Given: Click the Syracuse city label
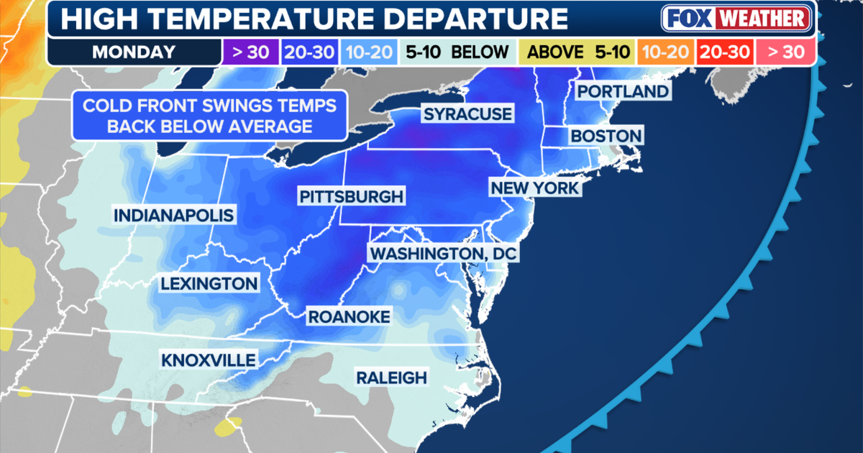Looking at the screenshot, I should (x=467, y=114).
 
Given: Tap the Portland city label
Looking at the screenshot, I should (x=623, y=91).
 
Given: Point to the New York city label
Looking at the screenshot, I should (x=534, y=188).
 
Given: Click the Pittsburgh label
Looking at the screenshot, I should (x=352, y=196).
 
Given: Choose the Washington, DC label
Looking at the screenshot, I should (x=443, y=253).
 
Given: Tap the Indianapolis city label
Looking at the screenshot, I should (x=173, y=215).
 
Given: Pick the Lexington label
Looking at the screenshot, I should (x=209, y=283).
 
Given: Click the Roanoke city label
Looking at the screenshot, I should (x=349, y=316).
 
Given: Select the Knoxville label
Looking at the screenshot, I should (x=209, y=359).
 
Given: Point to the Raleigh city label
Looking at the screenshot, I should (x=391, y=377).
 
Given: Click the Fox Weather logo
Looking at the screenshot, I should (x=737, y=19).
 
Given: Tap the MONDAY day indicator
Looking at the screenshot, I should (x=134, y=52).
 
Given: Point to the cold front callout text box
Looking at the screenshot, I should (x=209, y=116).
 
